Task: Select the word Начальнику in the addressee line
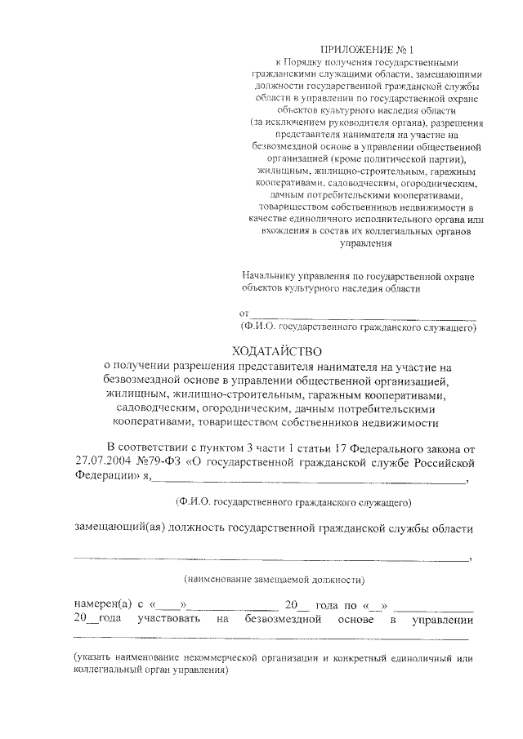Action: click(263, 277)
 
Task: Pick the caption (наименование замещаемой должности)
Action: click(274, 580)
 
